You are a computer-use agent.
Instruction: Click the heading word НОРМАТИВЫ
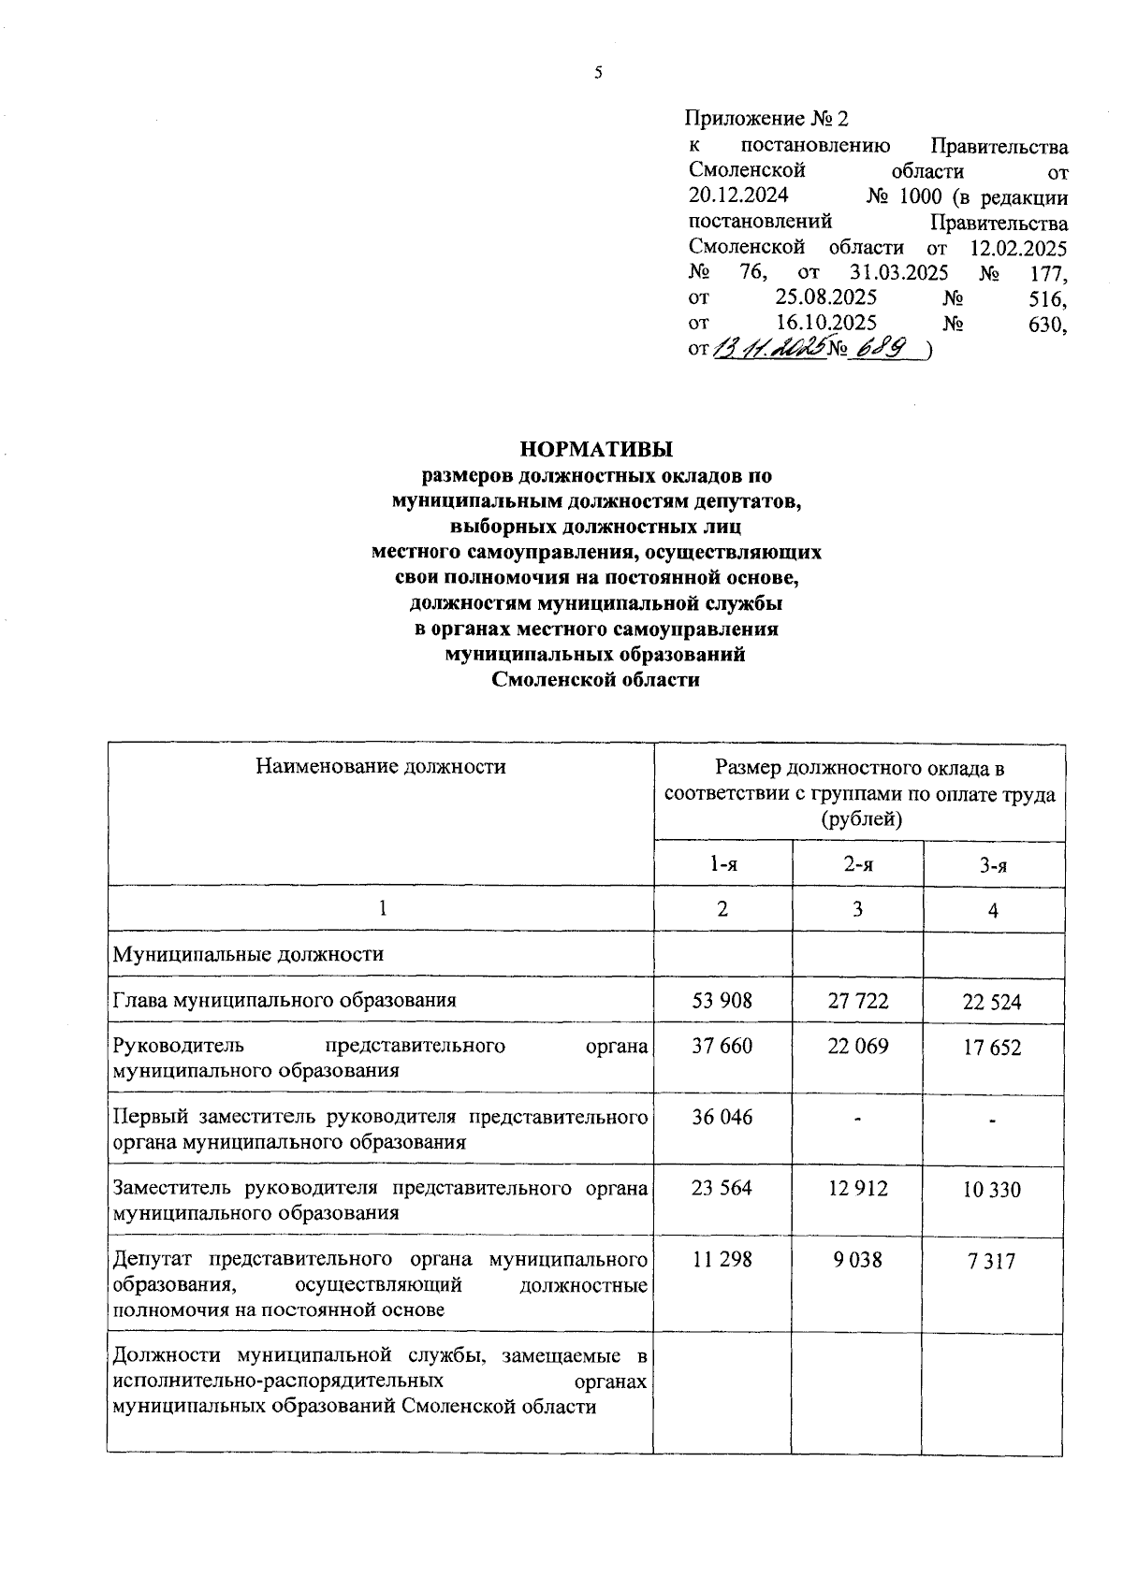596,449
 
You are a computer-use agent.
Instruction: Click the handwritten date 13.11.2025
769,349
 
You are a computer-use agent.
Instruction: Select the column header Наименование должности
380,767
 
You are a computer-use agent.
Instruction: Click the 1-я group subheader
722,864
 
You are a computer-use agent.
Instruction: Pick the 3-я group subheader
993,865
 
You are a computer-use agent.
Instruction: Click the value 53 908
722,1001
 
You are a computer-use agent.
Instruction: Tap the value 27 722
858,1001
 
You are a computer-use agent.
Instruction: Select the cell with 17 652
993,1047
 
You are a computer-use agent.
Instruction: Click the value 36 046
722,1118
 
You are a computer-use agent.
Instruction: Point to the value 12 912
858,1189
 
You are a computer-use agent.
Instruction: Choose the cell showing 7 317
993,1262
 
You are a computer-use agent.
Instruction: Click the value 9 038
858,1261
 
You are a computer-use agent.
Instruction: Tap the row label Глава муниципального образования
284,1000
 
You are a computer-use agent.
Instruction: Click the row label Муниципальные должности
248,955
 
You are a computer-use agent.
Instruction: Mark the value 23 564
722,1188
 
